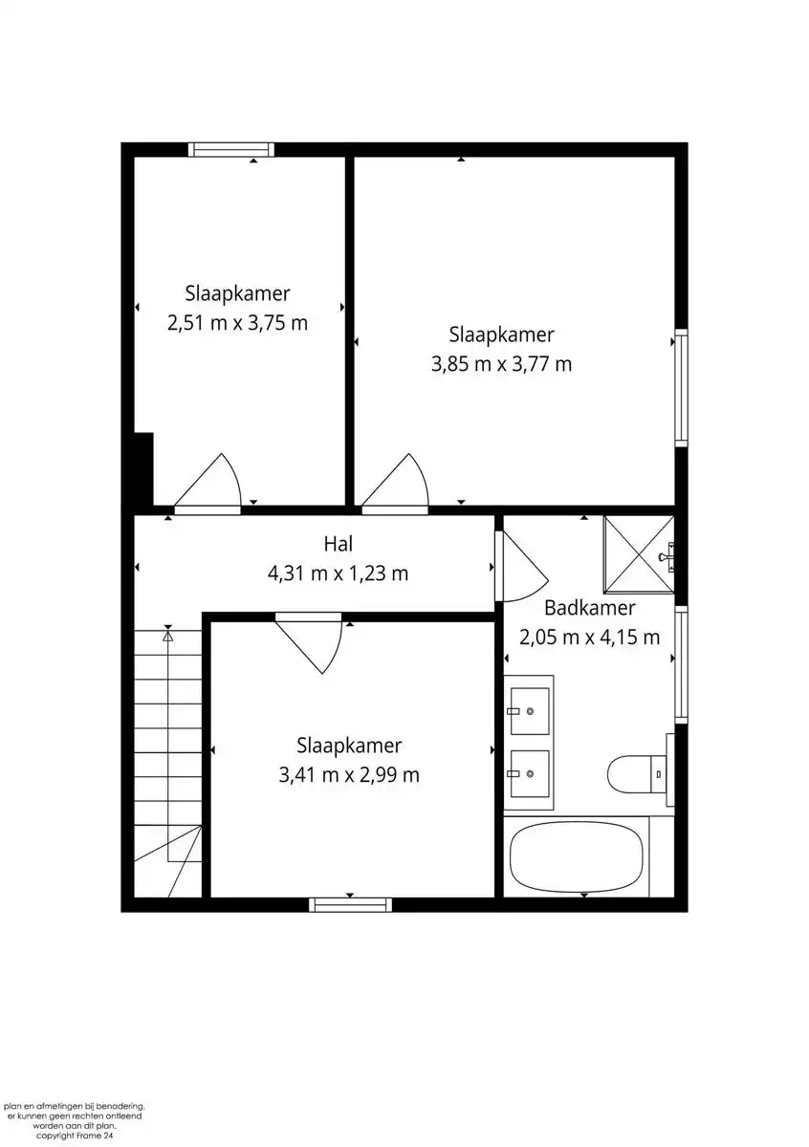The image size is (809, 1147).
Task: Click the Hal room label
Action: (x=339, y=544)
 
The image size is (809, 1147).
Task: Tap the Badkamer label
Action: (x=589, y=608)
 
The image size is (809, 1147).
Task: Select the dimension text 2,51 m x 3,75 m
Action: (x=237, y=323)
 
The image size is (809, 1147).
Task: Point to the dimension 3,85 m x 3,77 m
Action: (x=501, y=364)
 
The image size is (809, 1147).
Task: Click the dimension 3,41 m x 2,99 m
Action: (x=349, y=775)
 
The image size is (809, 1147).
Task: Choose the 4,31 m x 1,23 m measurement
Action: (x=339, y=573)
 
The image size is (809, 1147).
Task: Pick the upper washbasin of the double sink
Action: (x=529, y=711)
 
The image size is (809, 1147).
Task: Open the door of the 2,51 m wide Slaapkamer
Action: (x=210, y=483)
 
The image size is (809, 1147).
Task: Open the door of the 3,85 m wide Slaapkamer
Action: (x=396, y=483)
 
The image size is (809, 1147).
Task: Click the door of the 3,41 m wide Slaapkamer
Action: (x=312, y=642)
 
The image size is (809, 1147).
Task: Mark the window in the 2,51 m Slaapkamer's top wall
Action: (x=230, y=149)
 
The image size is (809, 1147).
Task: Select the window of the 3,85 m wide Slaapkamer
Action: (x=681, y=387)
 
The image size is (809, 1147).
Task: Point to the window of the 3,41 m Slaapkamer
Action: (x=351, y=904)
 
